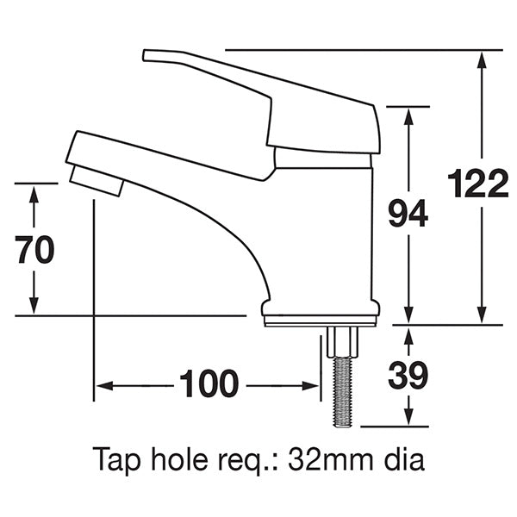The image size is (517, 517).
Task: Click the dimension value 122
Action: pos(478,185)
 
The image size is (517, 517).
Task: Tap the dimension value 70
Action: pos(34,249)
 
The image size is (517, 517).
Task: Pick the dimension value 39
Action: pos(407,375)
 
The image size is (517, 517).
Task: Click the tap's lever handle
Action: pos(258,86)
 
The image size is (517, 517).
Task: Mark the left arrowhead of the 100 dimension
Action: pos(101,385)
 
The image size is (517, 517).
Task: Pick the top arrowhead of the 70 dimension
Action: pos(34,192)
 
